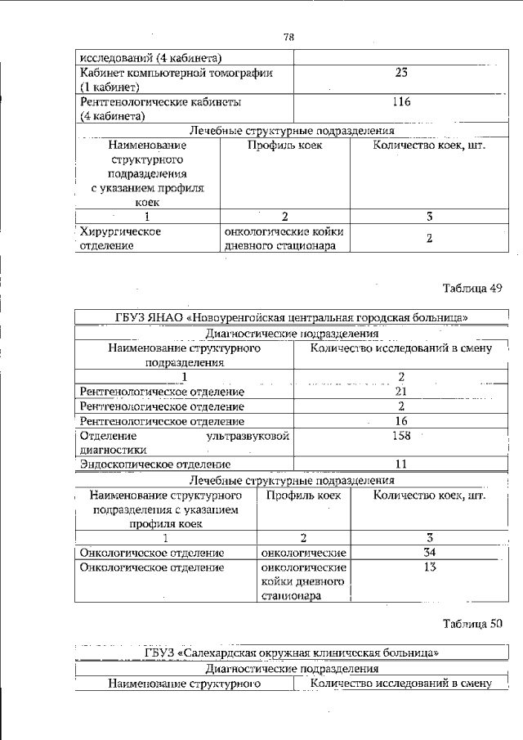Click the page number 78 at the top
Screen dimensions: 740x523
(x=288, y=38)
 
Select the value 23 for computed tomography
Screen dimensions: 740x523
(x=401, y=73)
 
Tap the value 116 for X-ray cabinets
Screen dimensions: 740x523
(x=401, y=102)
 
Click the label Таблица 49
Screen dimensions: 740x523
(x=472, y=289)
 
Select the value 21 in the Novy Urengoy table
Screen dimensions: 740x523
(x=401, y=391)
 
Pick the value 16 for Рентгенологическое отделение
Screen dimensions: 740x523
(x=401, y=420)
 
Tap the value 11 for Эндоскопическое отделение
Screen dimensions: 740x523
(x=401, y=464)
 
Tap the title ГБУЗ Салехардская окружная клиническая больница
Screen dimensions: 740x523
(x=293, y=653)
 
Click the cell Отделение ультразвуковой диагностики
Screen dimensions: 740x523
(x=184, y=442)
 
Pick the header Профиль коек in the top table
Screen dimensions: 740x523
(x=285, y=146)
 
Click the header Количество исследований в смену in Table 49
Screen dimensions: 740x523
(x=401, y=348)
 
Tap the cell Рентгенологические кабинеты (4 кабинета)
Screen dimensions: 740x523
(x=160, y=110)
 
